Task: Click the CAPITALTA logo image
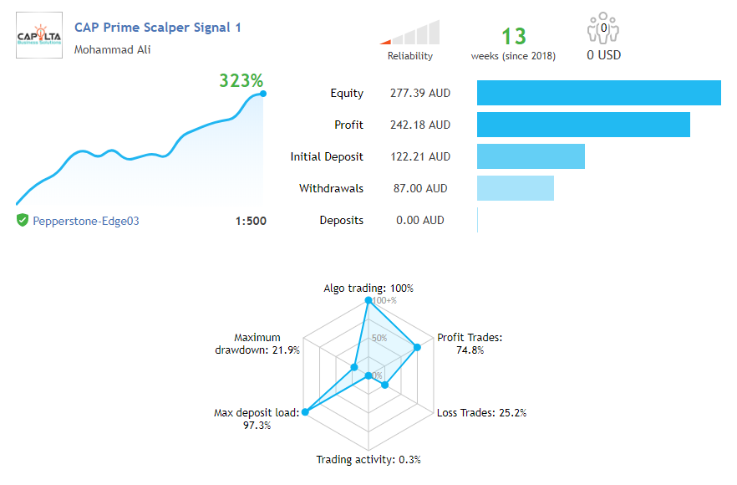(x=39, y=35)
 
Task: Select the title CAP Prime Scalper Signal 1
(x=158, y=28)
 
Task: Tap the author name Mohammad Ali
(x=113, y=49)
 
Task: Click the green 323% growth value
(x=241, y=81)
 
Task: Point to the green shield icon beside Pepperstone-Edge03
(x=23, y=221)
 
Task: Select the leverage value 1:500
(x=251, y=222)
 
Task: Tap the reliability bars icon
(x=410, y=33)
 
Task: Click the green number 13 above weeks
(x=514, y=37)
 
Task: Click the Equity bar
(x=598, y=93)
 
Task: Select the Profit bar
(x=583, y=125)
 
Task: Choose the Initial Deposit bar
(x=531, y=156)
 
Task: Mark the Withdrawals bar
(x=515, y=188)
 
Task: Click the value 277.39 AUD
(x=420, y=93)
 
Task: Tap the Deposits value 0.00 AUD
(x=420, y=221)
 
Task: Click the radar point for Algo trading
(x=368, y=299)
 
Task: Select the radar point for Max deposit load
(x=306, y=411)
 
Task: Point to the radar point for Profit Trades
(x=418, y=347)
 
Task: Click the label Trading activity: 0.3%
(x=368, y=459)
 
